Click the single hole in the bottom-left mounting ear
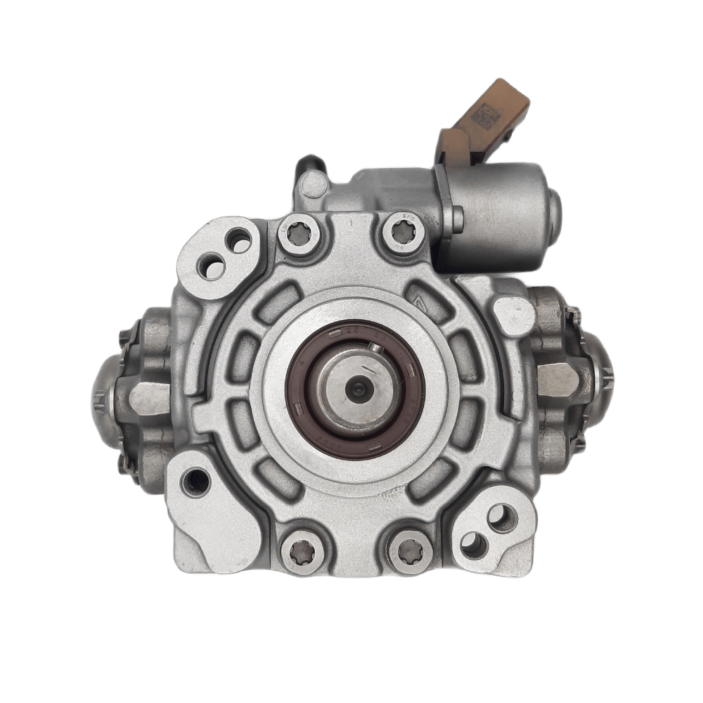(x=195, y=482)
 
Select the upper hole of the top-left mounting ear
(x=239, y=241)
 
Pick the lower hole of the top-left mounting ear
(x=212, y=266)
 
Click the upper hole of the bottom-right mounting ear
(x=501, y=517)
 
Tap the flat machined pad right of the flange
(x=514, y=316)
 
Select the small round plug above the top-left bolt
(x=310, y=187)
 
